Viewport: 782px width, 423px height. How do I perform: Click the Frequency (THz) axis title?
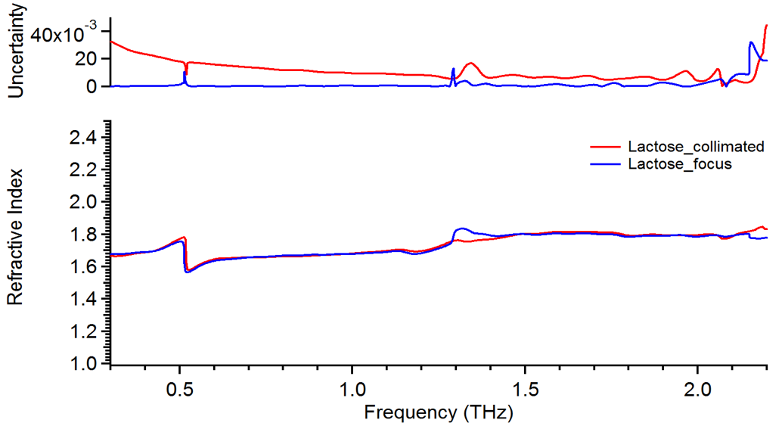[x=438, y=412]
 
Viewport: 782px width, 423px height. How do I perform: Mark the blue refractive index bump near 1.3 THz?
[x=461, y=229]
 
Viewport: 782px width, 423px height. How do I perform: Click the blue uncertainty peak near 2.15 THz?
[x=751, y=43]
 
